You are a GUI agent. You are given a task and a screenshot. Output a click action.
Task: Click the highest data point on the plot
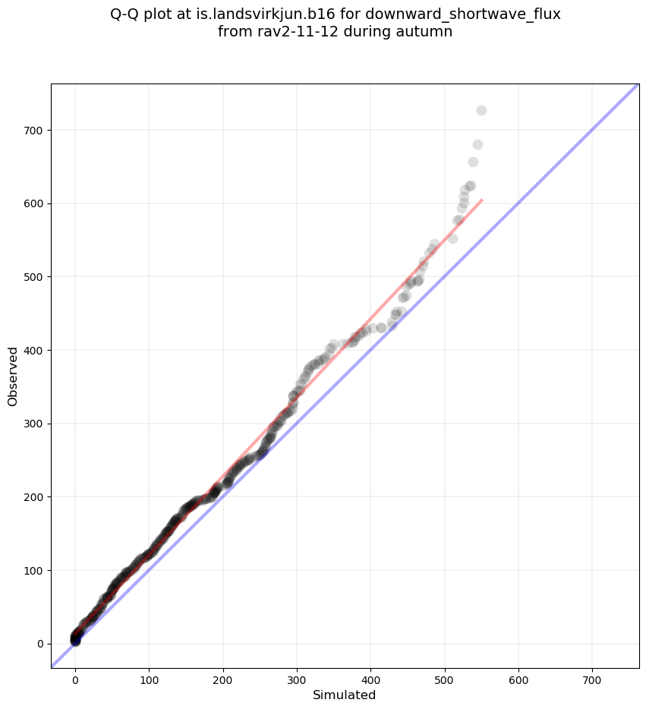481,111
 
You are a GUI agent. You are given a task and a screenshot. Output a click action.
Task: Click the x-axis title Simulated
345,695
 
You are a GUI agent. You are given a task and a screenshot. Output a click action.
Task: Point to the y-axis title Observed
13,377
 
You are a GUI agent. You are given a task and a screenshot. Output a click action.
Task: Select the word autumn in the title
421,32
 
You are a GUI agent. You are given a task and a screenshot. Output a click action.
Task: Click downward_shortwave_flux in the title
470,14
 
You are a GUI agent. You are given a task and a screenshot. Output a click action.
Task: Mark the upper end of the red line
482,200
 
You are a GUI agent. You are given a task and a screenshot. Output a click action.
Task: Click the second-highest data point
477,144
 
